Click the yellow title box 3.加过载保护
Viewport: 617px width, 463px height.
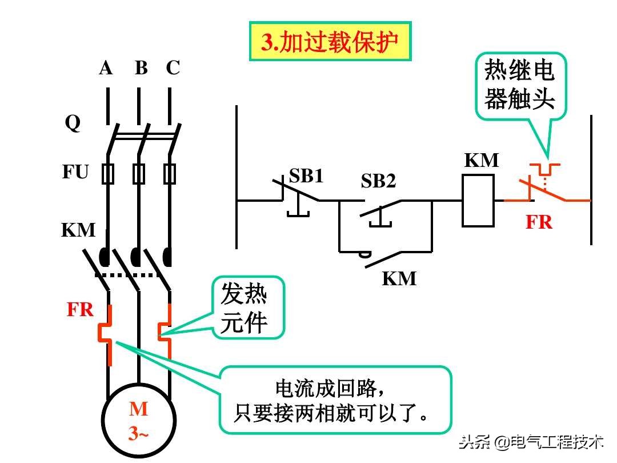click(x=330, y=42)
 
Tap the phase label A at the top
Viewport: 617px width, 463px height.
click(x=106, y=68)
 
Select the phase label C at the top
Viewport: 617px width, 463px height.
click(x=173, y=68)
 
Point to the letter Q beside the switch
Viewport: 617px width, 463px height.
click(x=73, y=123)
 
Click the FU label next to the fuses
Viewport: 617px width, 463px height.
click(x=75, y=171)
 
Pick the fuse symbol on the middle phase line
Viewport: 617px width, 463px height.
click(x=138, y=173)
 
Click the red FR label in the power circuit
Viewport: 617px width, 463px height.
click(x=80, y=310)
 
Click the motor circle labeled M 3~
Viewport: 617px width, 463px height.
click(x=138, y=421)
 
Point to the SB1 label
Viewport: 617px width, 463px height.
click(x=306, y=176)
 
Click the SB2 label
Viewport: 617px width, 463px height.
click(x=378, y=181)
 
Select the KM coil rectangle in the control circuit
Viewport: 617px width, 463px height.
click(x=478, y=201)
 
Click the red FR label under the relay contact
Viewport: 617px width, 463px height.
click(x=539, y=222)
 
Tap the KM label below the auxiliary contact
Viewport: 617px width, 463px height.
click(x=399, y=278)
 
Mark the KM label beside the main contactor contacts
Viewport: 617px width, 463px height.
click(x=78, y=230)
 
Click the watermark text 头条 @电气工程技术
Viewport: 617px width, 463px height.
click(x=531, y=442)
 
